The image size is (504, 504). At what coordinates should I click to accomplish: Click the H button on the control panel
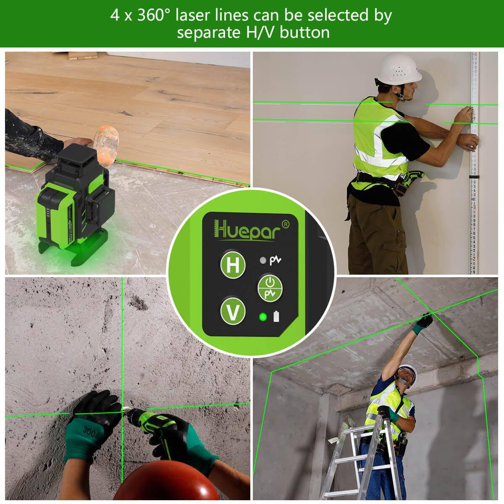click(233, 265)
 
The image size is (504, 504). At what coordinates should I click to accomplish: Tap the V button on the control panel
click(233, 311)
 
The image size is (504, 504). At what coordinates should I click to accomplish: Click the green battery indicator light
click(263, 317)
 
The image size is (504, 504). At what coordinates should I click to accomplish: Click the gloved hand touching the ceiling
click(424, 322)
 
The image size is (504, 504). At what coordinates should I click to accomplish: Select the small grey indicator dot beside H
click(262, 261)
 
